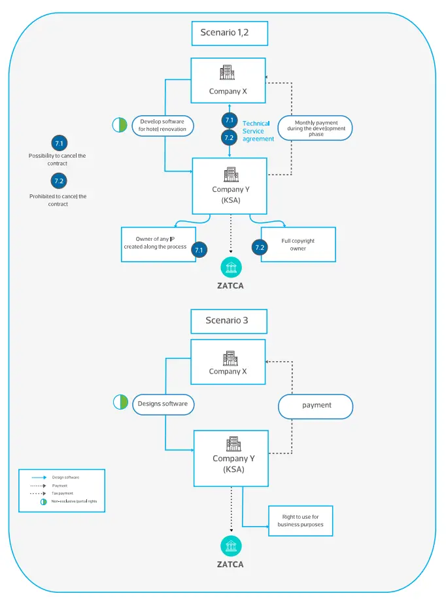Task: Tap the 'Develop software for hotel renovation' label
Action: coord(162,125)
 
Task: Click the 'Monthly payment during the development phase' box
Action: coord(316,128)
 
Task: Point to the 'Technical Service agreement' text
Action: coord(258,131)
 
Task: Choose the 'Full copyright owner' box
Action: coord(298,245)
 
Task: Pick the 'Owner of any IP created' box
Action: coord(158,244)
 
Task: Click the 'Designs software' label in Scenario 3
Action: coord(162,404)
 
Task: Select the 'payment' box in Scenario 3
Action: coord(316,406)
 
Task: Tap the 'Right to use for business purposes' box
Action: coord(301,520)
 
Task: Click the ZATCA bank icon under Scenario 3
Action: coord(231,546)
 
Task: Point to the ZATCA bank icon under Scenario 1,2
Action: coord(231,268)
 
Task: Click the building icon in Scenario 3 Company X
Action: coord(229,357)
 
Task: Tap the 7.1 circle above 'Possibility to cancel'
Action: coord(59,143)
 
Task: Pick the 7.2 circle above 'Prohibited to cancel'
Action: coord(59,181)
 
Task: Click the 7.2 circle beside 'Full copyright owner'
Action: coord(260,247)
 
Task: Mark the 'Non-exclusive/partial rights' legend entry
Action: coord(72,501)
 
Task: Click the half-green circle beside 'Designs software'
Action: coord(120,402)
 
